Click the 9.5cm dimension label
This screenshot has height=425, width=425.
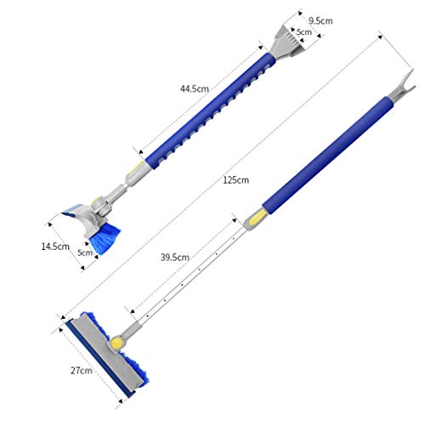320,20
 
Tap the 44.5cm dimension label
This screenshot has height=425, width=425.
195,88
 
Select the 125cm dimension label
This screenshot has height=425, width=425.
235,180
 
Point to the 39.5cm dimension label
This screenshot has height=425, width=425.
175,258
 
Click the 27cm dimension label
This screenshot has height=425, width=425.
82,371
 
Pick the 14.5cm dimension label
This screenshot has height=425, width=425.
55,246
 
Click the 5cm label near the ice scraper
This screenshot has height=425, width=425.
303,32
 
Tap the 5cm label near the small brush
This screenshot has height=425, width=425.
85,252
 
